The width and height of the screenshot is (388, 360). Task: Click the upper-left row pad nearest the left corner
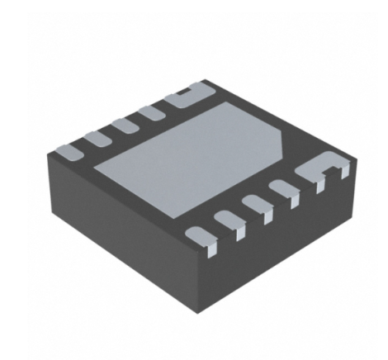pos(70,151)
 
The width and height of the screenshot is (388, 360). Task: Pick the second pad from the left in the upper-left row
pos(98,137)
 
